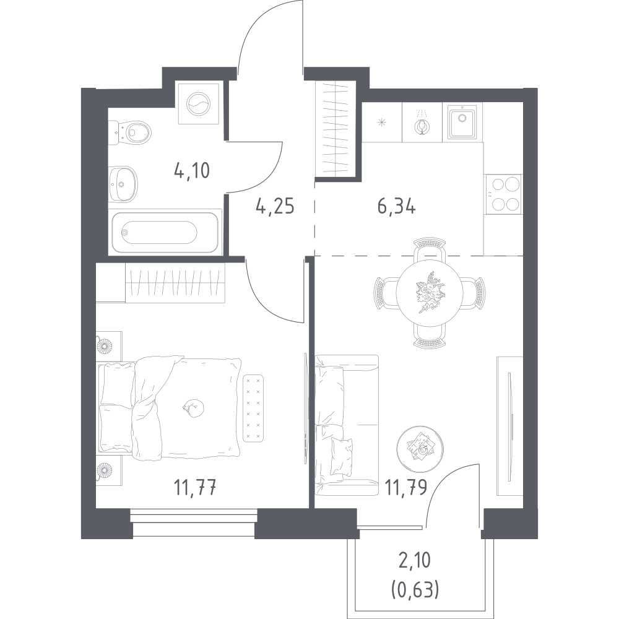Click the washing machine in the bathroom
coord(199,104)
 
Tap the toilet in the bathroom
coord(130,132)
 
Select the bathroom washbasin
coord(123,184)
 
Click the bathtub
coord(165,232)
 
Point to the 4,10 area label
coord(192,171)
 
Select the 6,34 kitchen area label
coord(396,207)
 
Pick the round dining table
coord(430,293)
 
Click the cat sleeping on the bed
coord(193,408)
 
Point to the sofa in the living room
coord(347,425)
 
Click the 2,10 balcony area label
coord(415,560)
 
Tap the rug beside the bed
coord(253,409)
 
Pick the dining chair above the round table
coord(430,249)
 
